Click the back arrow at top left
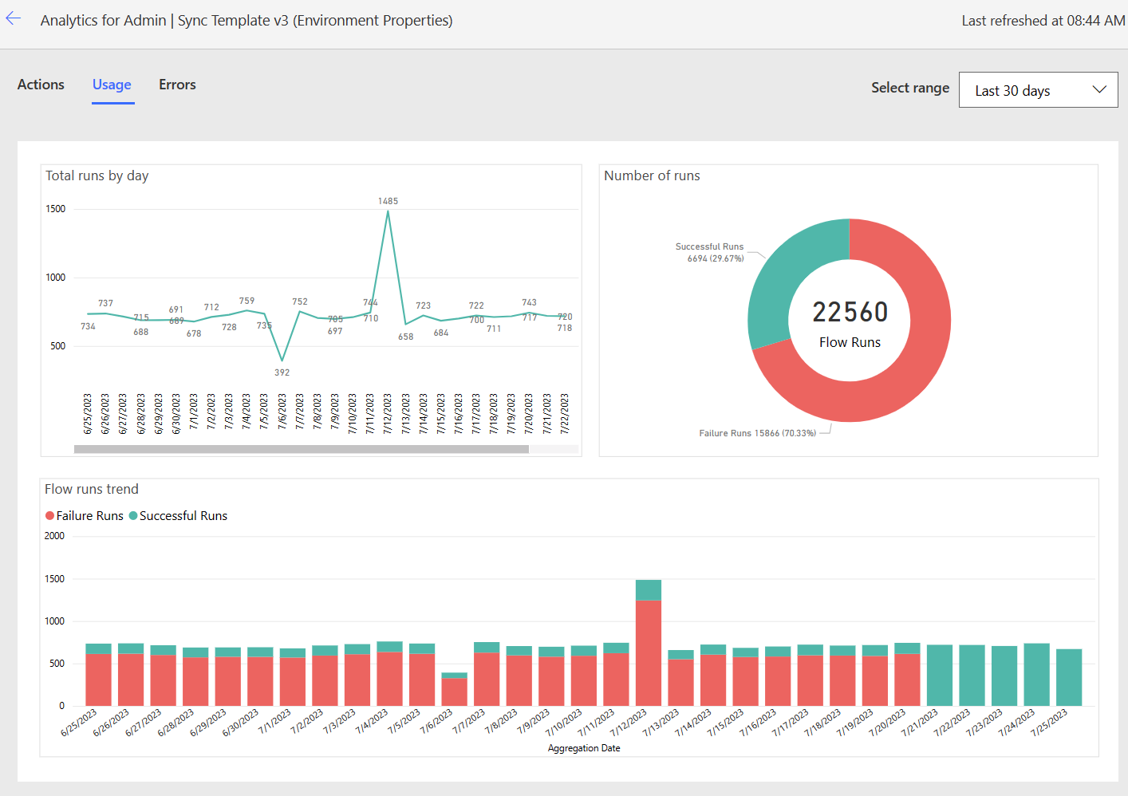14,19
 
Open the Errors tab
177,85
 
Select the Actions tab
41,85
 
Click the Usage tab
112,85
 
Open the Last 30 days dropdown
1038,90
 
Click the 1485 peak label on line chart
388,201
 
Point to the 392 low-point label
282,372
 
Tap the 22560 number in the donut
850,312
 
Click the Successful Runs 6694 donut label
710,252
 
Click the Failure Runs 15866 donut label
757,433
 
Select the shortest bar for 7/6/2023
454,691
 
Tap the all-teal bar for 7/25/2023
1069,677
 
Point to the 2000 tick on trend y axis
54,536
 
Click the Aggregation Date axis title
584,748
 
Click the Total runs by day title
97,175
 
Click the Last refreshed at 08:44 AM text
1043,21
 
